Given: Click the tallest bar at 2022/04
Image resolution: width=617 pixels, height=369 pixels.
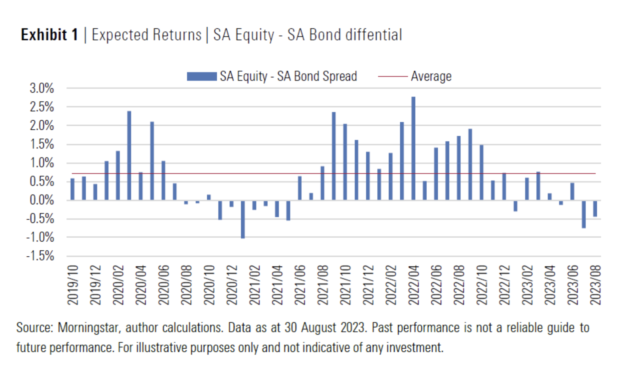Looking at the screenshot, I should pos(413,148).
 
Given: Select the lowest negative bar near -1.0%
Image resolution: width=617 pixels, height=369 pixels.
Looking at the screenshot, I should pos(243,219).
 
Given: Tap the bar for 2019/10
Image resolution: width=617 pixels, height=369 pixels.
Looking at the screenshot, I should pos(73,189).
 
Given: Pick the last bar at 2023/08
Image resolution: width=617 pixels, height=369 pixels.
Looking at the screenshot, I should pos(595,208).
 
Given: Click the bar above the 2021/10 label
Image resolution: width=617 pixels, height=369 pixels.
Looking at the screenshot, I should pos(345,162).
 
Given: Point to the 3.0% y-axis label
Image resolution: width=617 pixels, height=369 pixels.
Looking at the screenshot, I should pos(42,88).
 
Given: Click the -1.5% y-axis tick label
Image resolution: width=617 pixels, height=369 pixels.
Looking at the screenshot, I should pos(40,256).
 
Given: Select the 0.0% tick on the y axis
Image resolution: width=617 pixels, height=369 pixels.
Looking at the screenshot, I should pos(42,200).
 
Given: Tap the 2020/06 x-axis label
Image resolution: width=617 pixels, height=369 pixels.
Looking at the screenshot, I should pos(164,285).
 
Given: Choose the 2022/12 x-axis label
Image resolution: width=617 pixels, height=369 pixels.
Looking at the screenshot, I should pos(504,285).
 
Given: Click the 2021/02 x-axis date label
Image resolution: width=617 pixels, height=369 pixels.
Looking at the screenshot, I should pos(255,285).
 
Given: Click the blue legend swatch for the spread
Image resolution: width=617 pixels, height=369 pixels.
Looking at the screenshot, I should pos(202,76).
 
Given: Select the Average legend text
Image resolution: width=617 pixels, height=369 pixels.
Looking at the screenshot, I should pos(431,76).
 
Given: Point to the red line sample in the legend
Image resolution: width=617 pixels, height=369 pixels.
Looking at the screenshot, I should pos(393,76).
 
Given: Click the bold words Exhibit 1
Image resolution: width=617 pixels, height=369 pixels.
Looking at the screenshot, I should pos(50,35).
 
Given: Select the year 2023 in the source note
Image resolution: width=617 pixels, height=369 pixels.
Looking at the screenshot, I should pos(353,328).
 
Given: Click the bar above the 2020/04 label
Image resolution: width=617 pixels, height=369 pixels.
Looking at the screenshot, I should pos(141,186).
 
